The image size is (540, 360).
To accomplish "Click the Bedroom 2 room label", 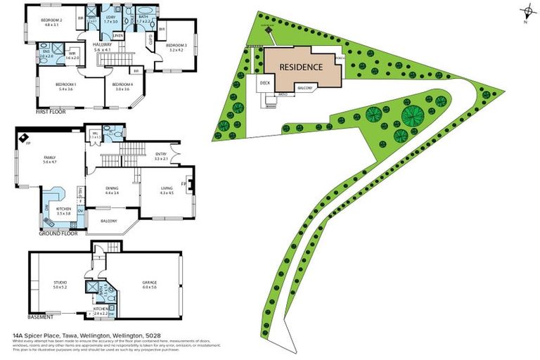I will click(x=51, y=20).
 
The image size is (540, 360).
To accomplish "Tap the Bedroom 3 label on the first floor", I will click(x=175, y=45).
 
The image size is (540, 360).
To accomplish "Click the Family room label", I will click(x=49, y=159).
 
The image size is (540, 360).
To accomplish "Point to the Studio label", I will click(x=60, y=284).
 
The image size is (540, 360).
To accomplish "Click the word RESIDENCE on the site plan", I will click(x=301, y=67).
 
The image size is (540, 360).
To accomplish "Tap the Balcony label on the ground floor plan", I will click(x=108, y=220).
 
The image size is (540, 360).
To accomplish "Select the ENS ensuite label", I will click(x=46, y=52).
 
